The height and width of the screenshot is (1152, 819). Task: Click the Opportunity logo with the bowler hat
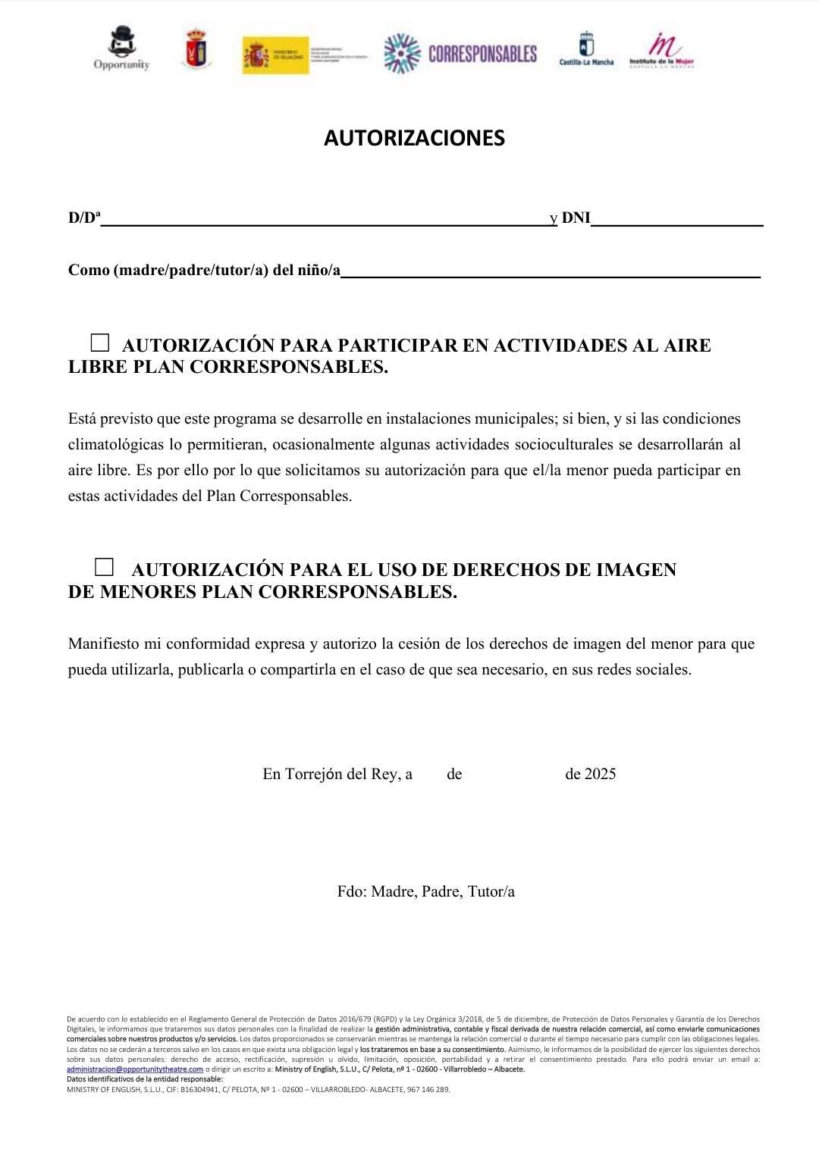point(121,49)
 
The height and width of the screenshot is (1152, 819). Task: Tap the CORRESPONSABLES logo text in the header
point(482,54)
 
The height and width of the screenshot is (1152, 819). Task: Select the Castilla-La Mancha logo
point(586,49)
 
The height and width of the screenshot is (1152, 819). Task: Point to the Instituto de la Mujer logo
point(662,51)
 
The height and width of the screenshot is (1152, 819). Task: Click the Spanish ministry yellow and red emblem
point(275,55)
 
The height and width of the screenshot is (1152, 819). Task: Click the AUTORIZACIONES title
point(414,138)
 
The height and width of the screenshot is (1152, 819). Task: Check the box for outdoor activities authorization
point(100,343)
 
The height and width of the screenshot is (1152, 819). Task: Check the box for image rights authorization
point(104,566)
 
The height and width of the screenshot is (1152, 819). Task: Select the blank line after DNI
point(676,223)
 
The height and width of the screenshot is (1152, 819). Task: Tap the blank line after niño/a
point(550,274)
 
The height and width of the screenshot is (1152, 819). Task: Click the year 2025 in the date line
point(600,774)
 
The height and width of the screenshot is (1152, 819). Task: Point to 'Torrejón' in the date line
point(313,774)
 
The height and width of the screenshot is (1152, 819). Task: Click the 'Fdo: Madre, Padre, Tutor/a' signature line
point(426,891)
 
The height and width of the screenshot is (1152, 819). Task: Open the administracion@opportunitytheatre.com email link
point(135,1069)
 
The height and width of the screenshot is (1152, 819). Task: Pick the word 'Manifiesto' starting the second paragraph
point(103,643)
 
